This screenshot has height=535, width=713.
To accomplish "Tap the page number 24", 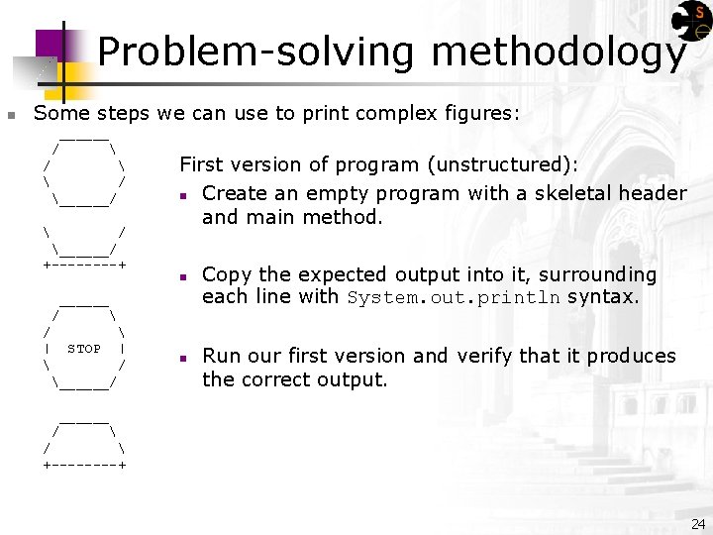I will [698, 523].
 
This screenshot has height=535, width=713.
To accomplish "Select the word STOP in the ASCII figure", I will [84, 349].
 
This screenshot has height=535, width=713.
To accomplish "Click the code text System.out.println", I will [454, 298].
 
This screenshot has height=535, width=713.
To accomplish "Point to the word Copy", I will [227, 274].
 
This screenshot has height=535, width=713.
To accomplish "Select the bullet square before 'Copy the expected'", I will [184, 276].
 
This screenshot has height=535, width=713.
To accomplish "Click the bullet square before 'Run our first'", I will [184, 358].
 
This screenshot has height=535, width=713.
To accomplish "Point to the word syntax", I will [602, 297].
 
